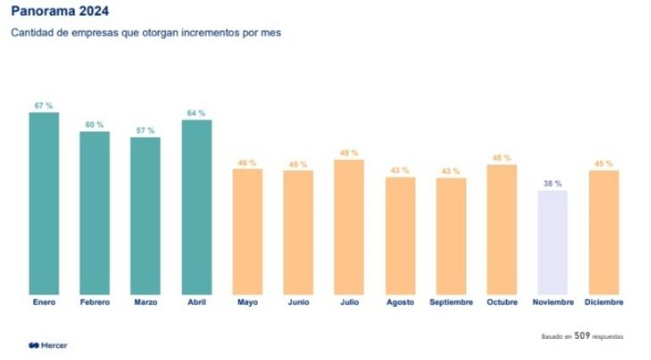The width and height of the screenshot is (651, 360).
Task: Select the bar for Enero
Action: [44, 203]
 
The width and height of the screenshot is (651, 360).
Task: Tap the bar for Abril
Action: [197, 207]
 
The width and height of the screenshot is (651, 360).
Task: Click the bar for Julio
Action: [349, 227]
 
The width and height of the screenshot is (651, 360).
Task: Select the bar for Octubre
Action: [502, 230]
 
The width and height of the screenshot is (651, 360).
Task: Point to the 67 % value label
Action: [44, 106]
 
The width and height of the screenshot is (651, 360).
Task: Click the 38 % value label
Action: [553, 183]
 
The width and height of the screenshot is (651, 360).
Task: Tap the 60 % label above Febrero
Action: [94, 125]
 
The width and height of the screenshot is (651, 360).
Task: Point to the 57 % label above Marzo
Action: [145, 130]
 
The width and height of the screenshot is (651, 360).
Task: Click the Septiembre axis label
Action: [451, 302]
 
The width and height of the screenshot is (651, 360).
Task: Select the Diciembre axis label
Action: [604, 302]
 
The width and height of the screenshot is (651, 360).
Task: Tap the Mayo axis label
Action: [248, 302]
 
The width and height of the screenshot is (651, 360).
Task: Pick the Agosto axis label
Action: [400, 302]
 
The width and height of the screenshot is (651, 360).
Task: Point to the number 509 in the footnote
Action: [582, 336]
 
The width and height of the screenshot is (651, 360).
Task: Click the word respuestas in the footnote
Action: [608, 337]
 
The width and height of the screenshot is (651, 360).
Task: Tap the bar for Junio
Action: [298, 232]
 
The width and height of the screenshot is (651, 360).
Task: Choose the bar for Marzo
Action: [146, 216]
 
